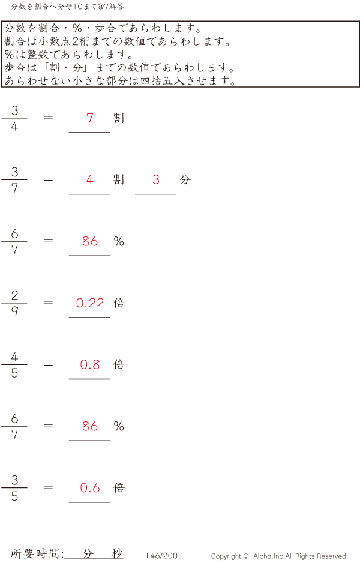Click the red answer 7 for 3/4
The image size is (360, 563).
(90, 118)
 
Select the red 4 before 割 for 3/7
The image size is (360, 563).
(90, 179)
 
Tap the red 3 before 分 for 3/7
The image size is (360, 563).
(156, 179)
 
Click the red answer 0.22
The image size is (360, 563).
(90, 303)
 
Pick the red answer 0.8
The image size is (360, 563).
(90, 364)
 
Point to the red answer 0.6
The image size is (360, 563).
(90, 488)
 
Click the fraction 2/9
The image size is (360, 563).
(14, 303)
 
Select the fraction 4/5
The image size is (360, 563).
(14, 364)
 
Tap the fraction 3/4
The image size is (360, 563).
(14, 118)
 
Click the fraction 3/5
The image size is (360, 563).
(14, 487)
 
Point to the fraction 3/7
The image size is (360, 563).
(14, 179)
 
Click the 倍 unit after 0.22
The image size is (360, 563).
(119, 303)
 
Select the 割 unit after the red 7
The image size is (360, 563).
(119, 118)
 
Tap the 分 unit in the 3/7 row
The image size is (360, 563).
(185, 179)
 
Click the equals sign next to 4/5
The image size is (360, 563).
(48, 364)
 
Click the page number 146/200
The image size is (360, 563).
(161, 555)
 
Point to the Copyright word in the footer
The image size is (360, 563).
(226, 556)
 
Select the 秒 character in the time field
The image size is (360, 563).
(116, 553)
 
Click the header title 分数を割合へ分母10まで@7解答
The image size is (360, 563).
(67, 7)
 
